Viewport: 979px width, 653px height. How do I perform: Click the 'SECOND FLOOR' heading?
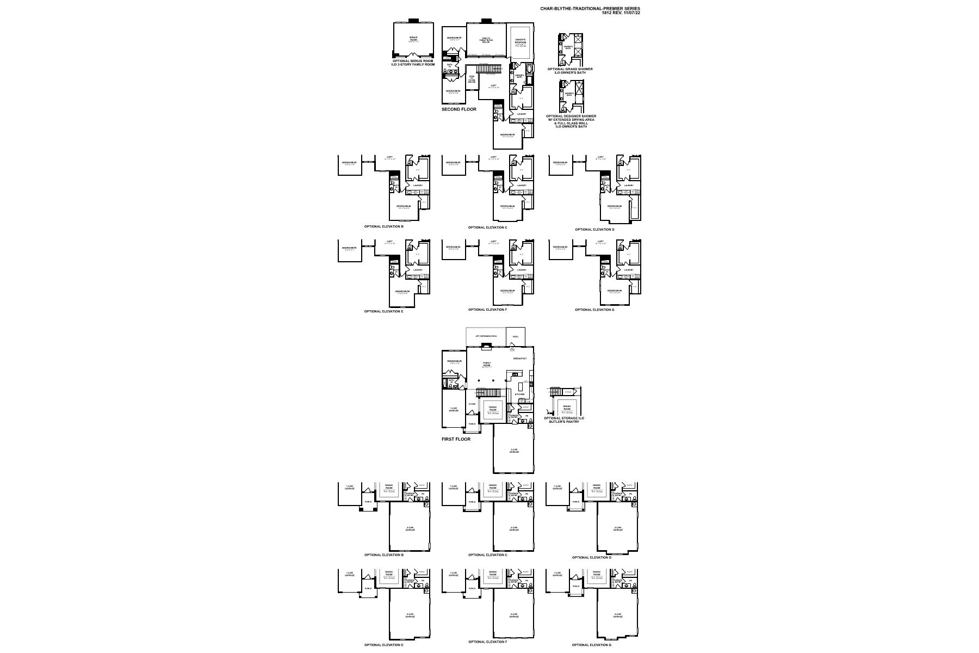click(458, 109)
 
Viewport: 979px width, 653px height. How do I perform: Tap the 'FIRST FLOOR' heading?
click(456, 439)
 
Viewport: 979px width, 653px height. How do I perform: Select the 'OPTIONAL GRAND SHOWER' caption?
click(570, 69)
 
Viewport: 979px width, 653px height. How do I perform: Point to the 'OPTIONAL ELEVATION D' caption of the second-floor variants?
click(594, 229)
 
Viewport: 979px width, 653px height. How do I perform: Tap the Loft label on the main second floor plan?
click(493, 86)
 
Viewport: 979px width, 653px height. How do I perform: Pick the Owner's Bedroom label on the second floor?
click(520, 41)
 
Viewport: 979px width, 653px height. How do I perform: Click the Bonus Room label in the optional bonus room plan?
click(413, 39)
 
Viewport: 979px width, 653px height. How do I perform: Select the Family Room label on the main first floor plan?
click(487, 364)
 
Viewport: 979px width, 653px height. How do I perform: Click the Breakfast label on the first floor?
click(519, 359)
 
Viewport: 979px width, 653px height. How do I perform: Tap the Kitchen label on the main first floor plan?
click(520, 394)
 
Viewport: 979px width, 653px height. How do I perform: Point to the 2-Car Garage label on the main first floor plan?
click(513, 451)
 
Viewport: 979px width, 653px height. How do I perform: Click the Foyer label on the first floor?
click(472, 404)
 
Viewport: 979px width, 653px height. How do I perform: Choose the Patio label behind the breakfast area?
click(515, 337)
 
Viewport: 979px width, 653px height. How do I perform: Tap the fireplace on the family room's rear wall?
click(487, 345)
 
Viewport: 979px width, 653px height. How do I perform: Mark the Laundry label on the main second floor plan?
click(521, 114)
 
